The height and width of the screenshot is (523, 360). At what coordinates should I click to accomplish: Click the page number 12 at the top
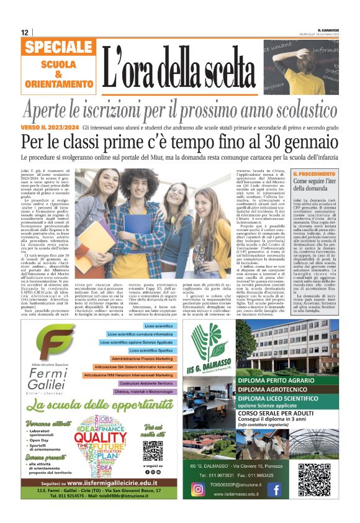(x=24, y=32)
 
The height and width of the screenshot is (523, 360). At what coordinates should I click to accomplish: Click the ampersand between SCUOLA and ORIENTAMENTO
(x=59, y=75)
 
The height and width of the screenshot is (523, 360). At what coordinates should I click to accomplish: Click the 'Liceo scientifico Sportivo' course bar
(x=151, y=350)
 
